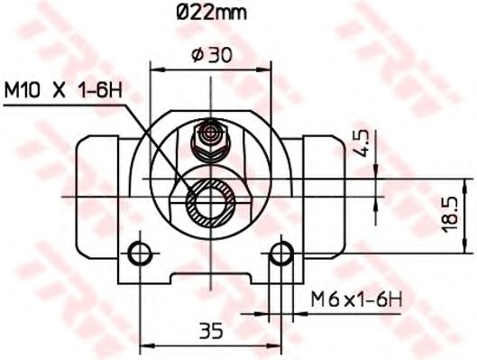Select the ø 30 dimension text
coord(212,54)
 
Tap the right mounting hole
coord(281,250)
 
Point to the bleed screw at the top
coord(210,135)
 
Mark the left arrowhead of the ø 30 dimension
coord(155,69)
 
